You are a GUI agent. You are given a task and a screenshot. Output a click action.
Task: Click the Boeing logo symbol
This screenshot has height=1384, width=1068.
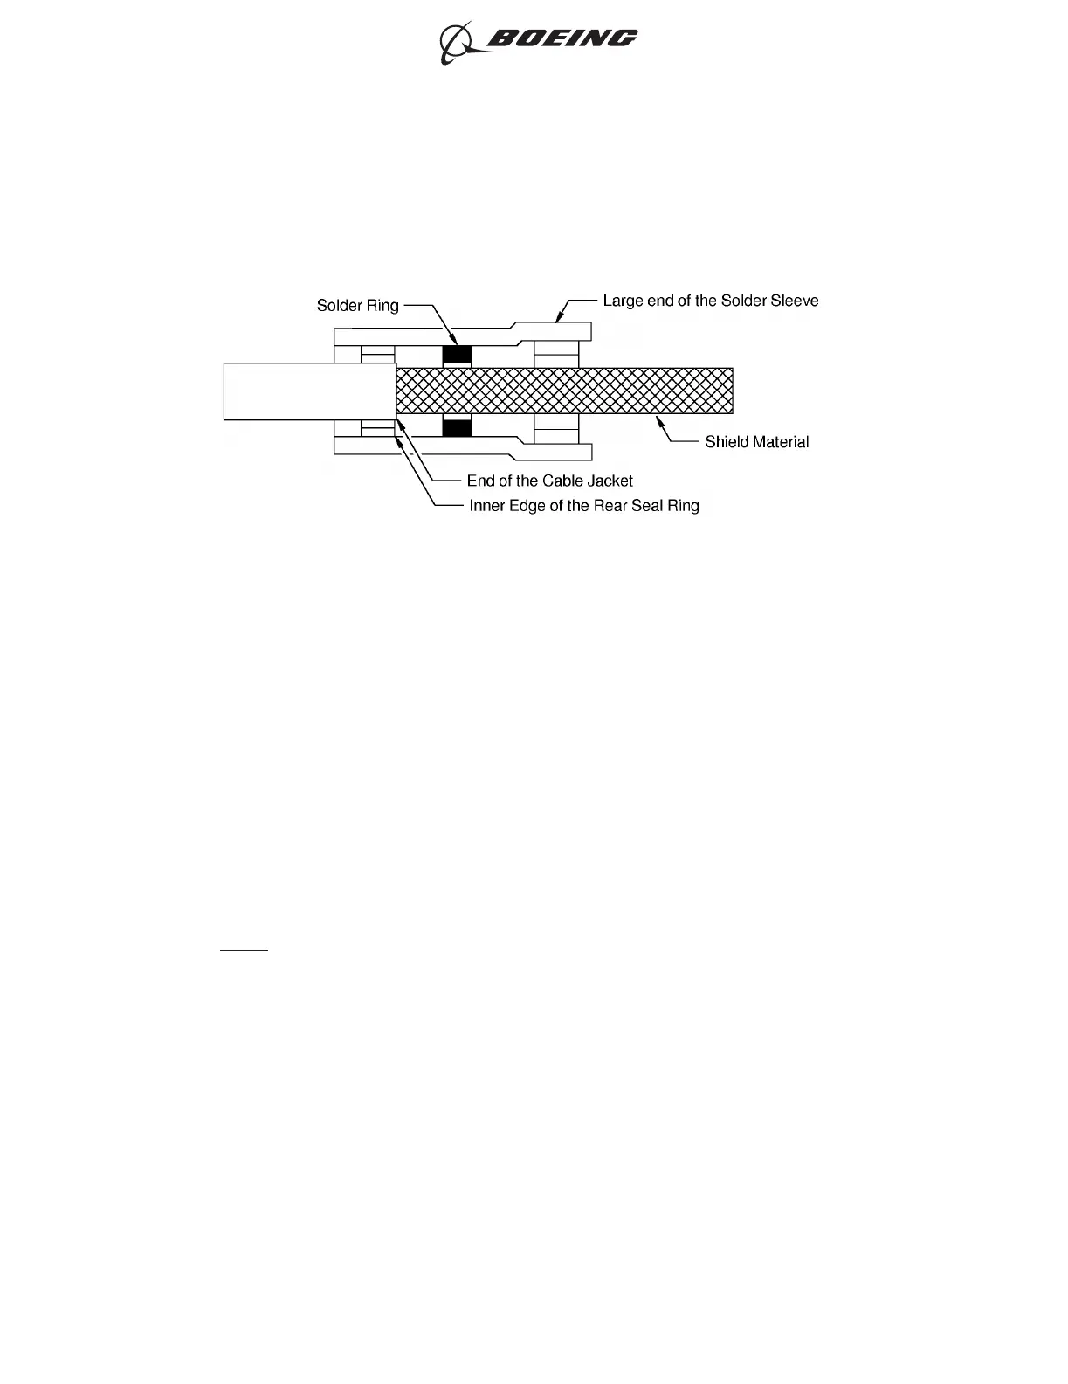tap(456, 42)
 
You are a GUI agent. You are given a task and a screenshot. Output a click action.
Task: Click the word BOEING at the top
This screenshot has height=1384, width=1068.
tap(562, 38)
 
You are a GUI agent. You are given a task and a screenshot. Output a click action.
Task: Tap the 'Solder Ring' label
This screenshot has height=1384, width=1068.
tap(357, 306)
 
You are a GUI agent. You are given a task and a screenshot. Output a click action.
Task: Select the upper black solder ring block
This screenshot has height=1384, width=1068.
tap(457, 354)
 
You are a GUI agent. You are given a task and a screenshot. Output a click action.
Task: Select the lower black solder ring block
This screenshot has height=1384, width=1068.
tap(457, 428)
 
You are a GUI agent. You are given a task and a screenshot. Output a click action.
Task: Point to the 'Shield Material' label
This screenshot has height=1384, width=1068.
tap(756, 442)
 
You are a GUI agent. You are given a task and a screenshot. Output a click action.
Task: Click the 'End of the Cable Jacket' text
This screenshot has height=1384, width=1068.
tap(549, 481)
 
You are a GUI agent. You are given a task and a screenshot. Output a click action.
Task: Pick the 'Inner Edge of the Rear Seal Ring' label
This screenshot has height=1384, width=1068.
tap(583, 506)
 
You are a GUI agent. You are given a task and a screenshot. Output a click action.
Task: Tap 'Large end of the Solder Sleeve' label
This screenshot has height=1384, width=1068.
tap(711, 301)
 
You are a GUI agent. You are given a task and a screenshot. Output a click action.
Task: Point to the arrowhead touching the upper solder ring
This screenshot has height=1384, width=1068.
tap(452, 342)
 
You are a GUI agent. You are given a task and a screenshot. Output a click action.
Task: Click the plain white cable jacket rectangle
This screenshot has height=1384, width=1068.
tap(309, 391)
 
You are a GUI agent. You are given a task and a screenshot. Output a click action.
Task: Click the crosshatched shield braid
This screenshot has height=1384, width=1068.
tap(564, 391)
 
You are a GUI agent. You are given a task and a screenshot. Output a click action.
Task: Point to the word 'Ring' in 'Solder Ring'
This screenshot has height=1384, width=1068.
tap(382, 306)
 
